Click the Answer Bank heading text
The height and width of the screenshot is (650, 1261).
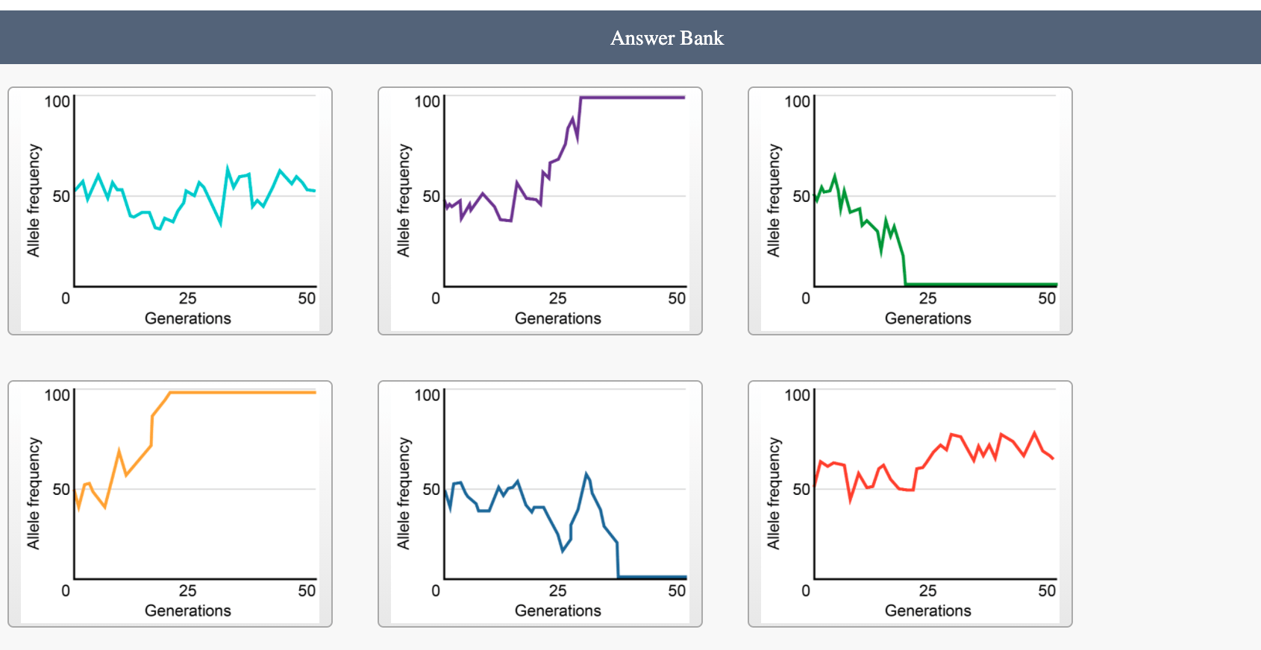point(666,38)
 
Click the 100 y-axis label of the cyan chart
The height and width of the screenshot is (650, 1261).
point(57,102)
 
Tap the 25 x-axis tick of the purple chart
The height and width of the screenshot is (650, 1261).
point(557,298)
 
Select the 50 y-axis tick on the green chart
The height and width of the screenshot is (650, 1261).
point(801,196)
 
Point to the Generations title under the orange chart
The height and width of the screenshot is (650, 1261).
point(187,610)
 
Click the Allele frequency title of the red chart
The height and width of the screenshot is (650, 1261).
point(774,493)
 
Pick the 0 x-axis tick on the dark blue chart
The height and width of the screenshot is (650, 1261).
point(436,590)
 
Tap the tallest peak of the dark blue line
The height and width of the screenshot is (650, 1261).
point(586,474)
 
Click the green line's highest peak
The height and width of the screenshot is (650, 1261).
point(835,175)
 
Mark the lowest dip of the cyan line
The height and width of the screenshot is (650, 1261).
point(221,224)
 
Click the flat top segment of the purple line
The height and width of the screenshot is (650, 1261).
point(633,97)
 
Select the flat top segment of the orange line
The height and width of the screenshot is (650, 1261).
point(242,392)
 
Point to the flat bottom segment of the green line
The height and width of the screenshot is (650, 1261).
point(981,285)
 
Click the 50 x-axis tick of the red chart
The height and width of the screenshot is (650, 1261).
point(1047,590)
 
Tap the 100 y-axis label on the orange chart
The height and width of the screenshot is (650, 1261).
point(57,395)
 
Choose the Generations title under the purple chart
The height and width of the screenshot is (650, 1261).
point(557,318)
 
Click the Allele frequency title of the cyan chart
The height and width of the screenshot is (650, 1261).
point(34,201)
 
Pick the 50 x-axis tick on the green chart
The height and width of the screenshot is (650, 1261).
point(1047,298)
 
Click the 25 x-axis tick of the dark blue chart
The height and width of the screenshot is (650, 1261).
point(557,590)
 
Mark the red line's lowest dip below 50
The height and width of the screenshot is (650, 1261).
point(850,500)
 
